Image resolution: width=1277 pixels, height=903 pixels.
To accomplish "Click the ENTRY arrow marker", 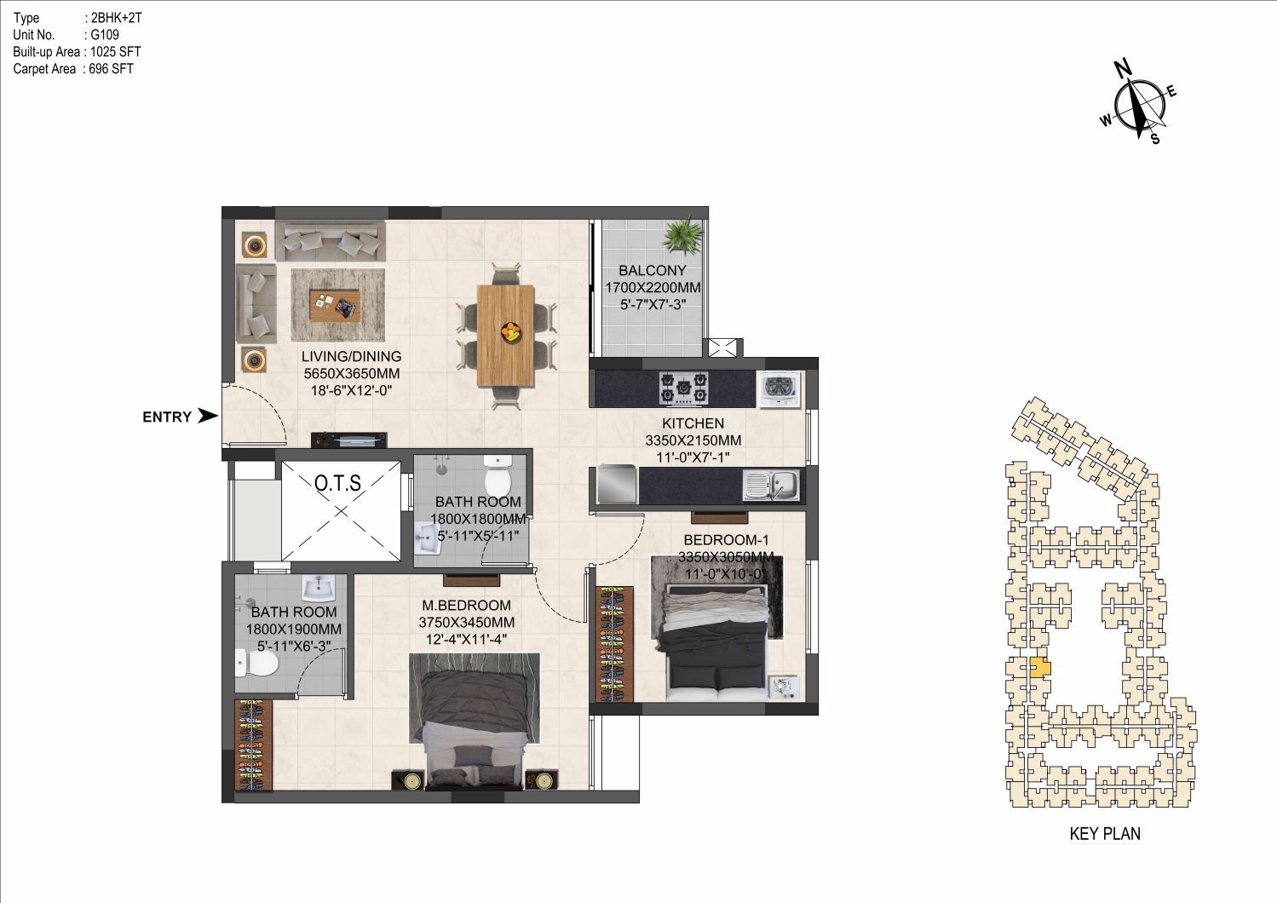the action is click(208, 417).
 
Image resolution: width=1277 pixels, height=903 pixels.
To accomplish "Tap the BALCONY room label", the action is click(653, 270).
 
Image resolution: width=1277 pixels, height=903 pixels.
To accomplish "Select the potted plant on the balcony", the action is click(683, 233).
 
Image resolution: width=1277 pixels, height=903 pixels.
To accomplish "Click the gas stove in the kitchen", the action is click(684, 388).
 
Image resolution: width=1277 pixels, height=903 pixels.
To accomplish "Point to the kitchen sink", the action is click(771, 485).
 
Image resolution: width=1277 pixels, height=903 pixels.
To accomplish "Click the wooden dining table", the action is click(505, 336).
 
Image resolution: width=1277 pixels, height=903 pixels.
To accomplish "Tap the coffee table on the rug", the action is click(335, 306).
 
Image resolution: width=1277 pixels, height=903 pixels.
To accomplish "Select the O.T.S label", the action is click(337, 483).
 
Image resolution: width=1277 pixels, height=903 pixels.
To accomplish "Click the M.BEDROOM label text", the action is click(466, 606).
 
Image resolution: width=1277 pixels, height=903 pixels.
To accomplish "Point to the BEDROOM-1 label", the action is click(726, 539).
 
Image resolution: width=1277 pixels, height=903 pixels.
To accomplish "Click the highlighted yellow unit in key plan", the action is click(1039, 667).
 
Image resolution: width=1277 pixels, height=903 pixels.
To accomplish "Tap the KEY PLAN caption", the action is click(1105, 833).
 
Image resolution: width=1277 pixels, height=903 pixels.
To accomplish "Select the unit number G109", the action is click(105, 35).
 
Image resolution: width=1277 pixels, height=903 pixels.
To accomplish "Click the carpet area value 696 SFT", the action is click(111, 69).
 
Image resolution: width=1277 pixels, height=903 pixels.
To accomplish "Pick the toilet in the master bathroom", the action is click(257, 664).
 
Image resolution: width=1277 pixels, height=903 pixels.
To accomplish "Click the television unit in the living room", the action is click(349, 440).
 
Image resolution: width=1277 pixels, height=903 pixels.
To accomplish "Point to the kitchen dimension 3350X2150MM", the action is click(693, 440).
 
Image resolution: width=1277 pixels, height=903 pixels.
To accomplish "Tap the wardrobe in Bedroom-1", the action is click(614, 644).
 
